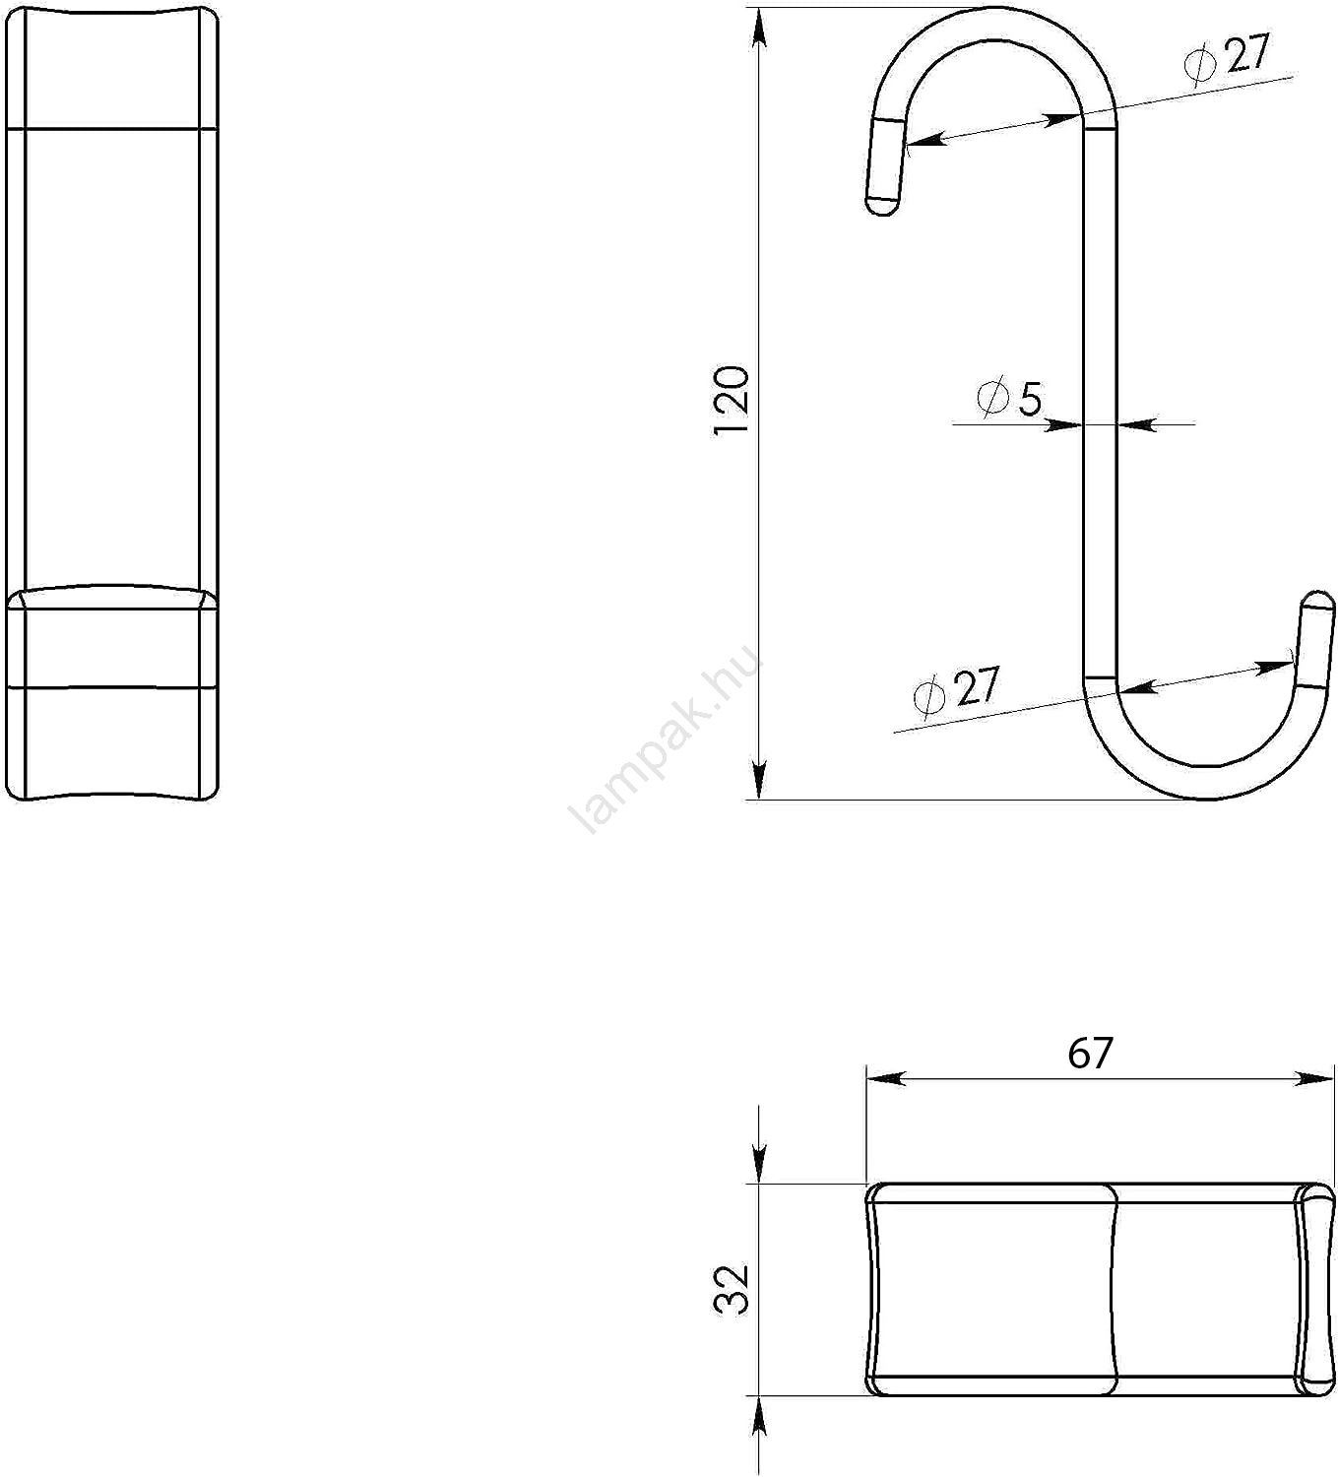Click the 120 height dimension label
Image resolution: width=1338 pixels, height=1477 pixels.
pyautogui.click(x=732, y=401)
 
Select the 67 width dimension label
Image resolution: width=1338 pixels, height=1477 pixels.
pyautogui.click(x=1090, y=1054)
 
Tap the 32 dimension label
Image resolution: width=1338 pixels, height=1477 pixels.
pyautogui.click(x=732, y=1290)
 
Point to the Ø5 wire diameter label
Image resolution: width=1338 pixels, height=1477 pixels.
pyautogui.click(x=1009, y=399)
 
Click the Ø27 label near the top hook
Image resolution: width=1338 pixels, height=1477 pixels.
pyautogui.click(x=1226, y=56)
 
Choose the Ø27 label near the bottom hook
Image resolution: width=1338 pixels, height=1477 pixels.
pyautogui.click(x=956, y=689)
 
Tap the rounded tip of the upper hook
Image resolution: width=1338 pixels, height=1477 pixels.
pyautogui.click(x=881, y=207)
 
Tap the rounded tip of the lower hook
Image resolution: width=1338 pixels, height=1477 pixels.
pyautogui.click(x=1318, y=599)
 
